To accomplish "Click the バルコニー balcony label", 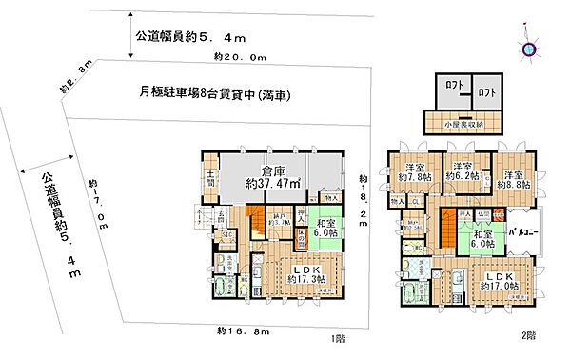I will (524, 230).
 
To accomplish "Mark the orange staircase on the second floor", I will (447, 228).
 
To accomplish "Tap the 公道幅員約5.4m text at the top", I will (190, 38).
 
